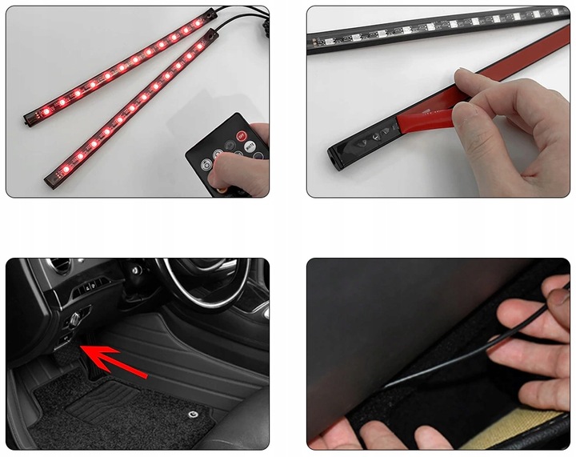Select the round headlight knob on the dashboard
(x=74, y=319)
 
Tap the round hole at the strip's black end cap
(x=331, y=152)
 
